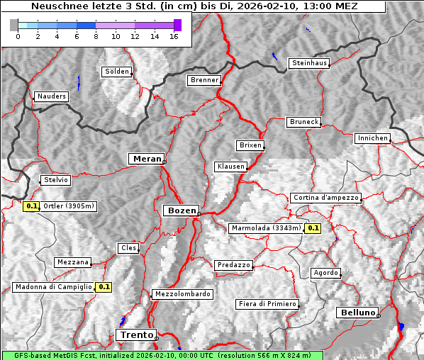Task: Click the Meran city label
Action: point(145,159)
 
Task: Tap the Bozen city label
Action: point(181,210)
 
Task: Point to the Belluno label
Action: point(357,312)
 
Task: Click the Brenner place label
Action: point(204,80)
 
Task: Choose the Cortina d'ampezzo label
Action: point(325,198)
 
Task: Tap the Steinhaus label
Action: point(309,63)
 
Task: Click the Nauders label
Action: point(52,96)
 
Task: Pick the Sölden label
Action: point(117,72)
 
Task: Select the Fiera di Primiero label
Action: point(267,304)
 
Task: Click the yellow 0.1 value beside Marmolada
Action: point(313,228)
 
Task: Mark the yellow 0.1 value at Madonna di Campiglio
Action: point(104,287)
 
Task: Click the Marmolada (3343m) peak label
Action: point(266,228)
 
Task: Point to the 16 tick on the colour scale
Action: point(174,36)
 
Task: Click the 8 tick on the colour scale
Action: point(96,36)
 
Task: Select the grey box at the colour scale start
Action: point(13,25)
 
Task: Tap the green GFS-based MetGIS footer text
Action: point(162,355)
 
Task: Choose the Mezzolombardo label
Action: point(182,294)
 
